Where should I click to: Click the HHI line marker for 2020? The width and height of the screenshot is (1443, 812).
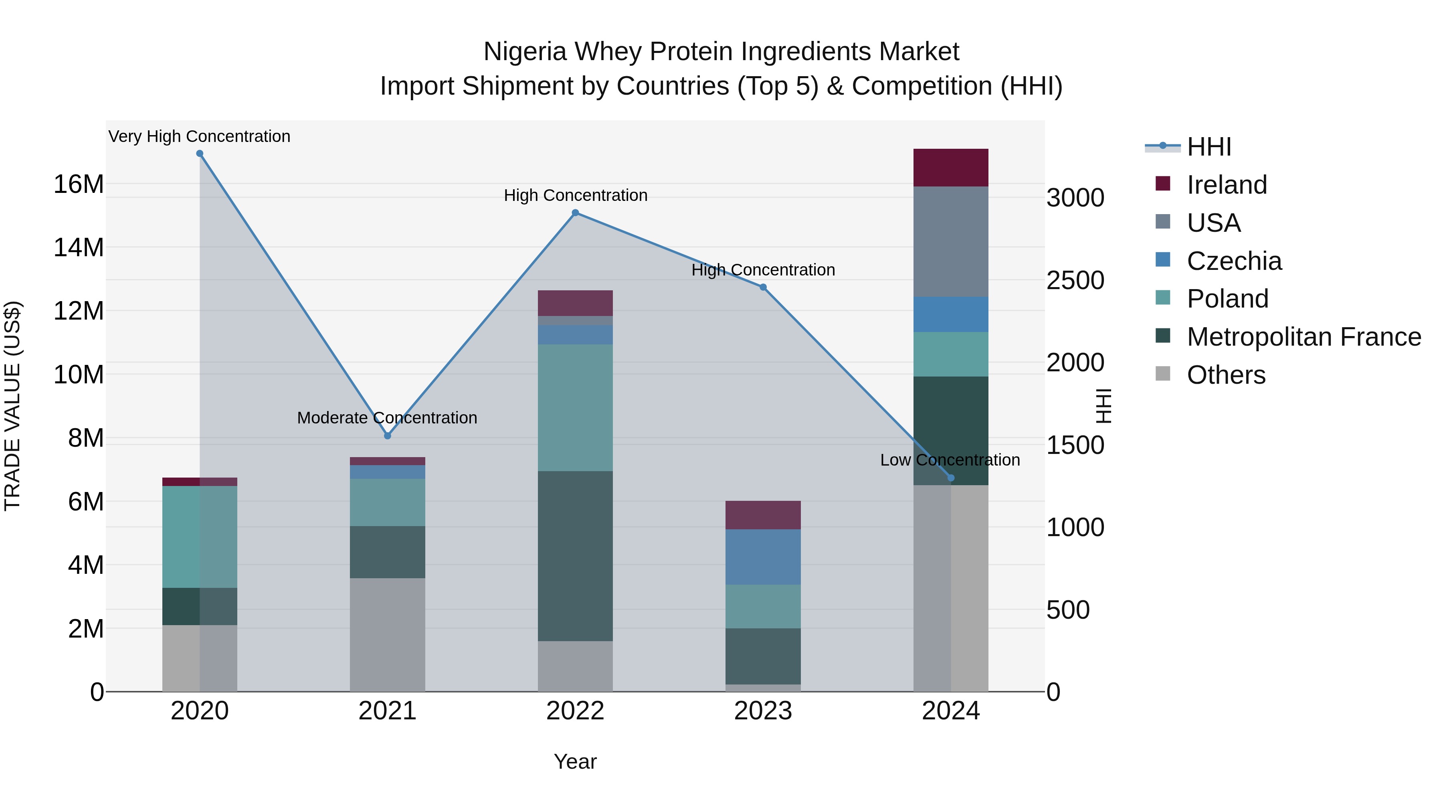point(200,154)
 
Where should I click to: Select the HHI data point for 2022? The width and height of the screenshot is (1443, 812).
point(575,213)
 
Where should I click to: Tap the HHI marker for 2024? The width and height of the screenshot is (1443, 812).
point(951,478)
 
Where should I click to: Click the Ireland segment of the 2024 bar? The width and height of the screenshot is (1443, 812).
point(951,168)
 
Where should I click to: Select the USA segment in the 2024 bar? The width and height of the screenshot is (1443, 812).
point(951,241)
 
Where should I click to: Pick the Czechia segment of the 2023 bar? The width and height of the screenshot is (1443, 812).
point(763,557)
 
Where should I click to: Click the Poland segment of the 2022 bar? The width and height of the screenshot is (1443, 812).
point(575,407)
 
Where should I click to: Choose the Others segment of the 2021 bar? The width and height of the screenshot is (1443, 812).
point(387,634)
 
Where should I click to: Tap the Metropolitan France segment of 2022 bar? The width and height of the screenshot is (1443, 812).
point(575,556)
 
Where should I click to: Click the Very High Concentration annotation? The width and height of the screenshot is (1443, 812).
point(200,136)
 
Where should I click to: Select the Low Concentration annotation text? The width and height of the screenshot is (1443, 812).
point(950,460)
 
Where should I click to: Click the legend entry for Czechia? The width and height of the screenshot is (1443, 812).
point(1234,261)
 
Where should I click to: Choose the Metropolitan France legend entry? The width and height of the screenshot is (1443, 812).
point(1304,337)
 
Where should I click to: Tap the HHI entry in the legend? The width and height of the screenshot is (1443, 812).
point(1209,147)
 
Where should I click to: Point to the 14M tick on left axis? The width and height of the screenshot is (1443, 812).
point(79,247)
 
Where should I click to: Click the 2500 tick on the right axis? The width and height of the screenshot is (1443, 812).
point(1075,280)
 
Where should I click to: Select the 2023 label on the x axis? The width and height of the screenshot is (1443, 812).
point(763,711)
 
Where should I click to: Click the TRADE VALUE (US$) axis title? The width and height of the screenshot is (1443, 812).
point(12,406)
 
